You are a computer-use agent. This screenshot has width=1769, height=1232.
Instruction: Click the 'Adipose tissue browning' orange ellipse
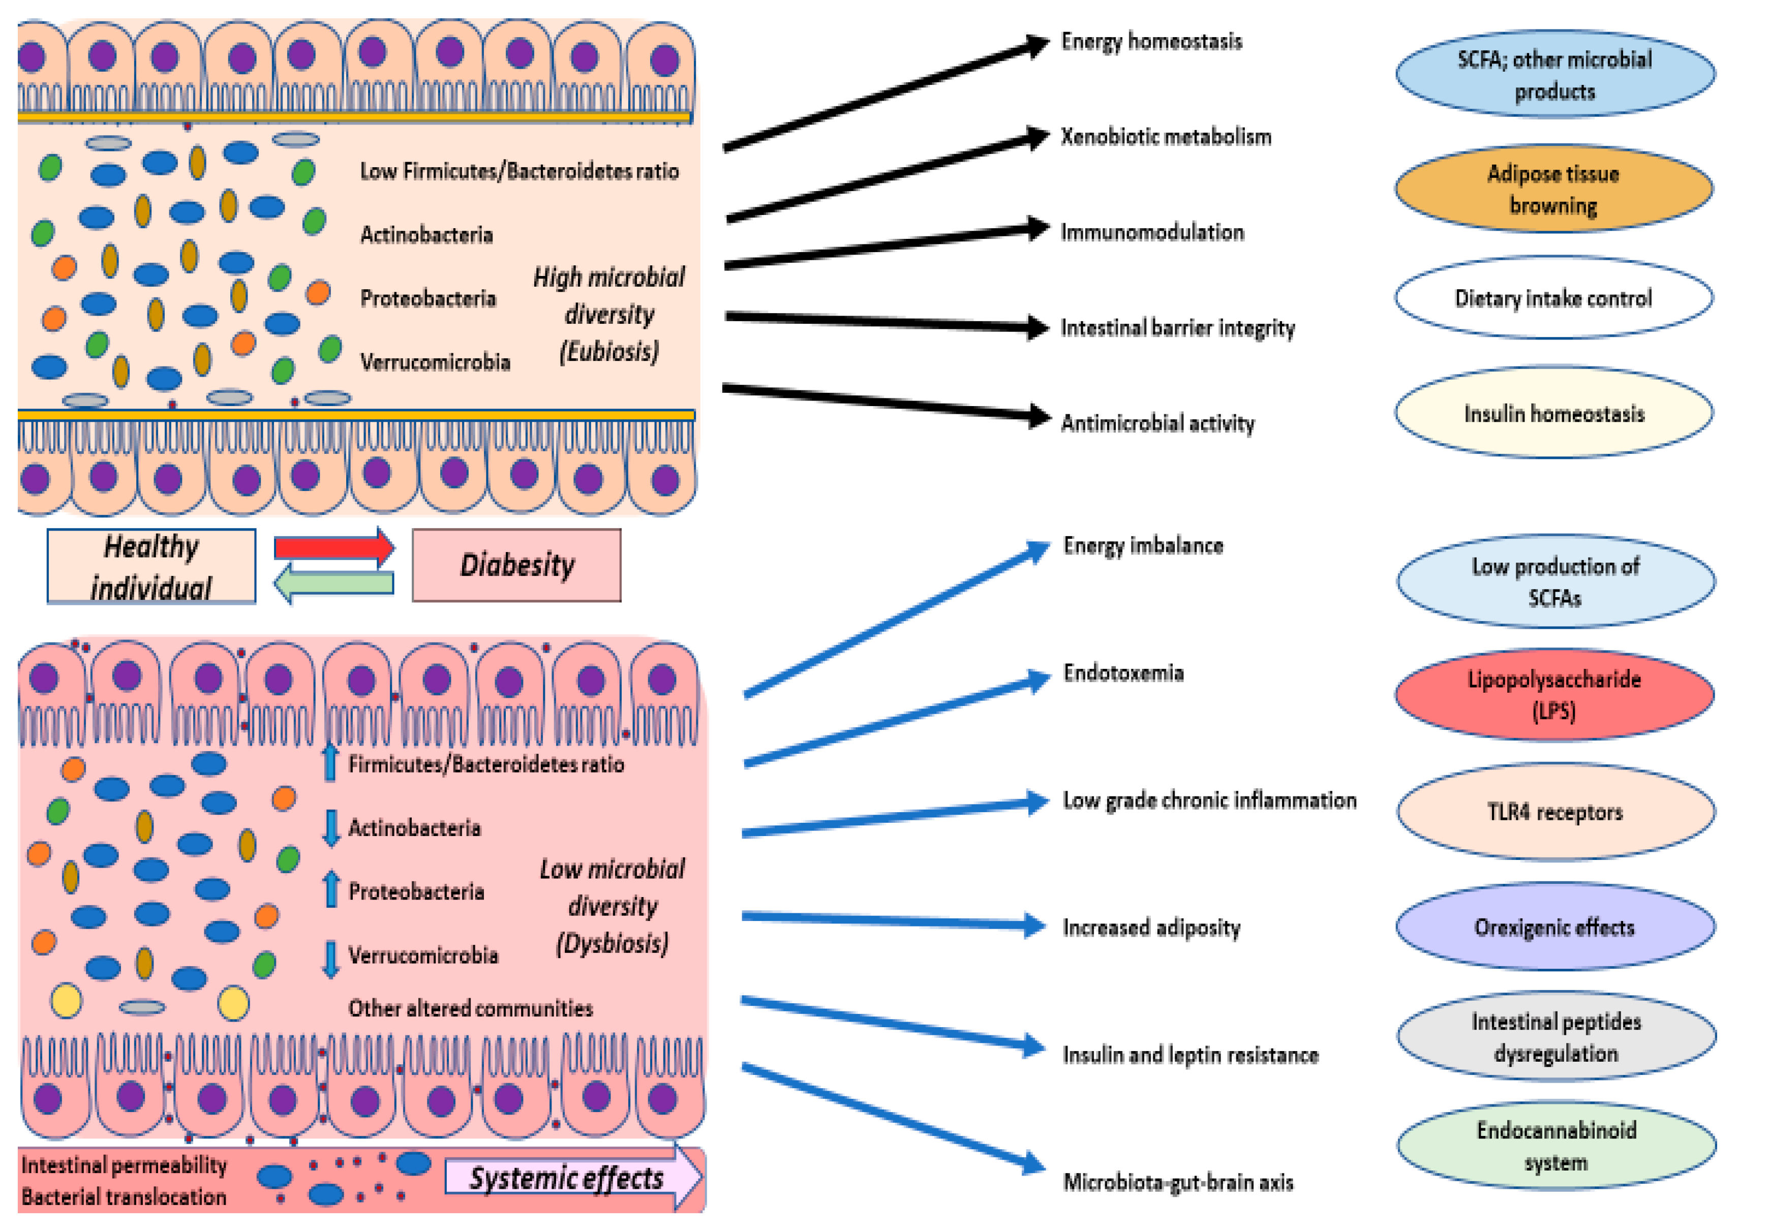point(1553,189)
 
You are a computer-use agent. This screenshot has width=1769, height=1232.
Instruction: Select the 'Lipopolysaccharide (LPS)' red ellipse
point(1554,694)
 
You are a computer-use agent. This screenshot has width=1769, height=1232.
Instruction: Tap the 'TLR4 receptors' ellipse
point(1555,811)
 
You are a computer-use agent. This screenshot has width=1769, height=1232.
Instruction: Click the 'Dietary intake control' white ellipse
point(1553,297)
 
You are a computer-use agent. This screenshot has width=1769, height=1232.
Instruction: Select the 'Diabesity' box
point(516,565)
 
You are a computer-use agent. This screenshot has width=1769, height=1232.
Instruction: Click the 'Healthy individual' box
point(151,566)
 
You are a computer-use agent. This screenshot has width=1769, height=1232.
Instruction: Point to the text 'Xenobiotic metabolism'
point(1166,137)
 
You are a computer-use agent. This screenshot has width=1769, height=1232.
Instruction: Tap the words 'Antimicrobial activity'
point(1157,423)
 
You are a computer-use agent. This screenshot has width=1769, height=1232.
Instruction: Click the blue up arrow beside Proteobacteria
point(331,888)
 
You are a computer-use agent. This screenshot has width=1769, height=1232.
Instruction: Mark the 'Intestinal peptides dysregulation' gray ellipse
point(1557,1036)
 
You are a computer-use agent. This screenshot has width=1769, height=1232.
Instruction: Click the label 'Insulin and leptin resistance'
point(1191,1054)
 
